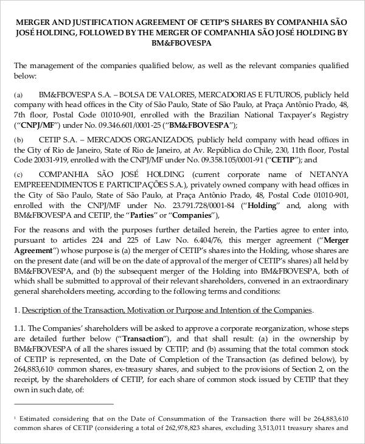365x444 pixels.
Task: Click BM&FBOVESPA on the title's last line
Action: (x=182, y=44)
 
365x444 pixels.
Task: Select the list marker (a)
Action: (x=18, y=95)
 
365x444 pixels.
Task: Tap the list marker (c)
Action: (x=18, y=175)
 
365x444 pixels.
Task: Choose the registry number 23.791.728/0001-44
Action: (x=182, y=205)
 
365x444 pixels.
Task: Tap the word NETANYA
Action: (x=331, y=175)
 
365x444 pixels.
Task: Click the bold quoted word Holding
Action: (x=256, y=205)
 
